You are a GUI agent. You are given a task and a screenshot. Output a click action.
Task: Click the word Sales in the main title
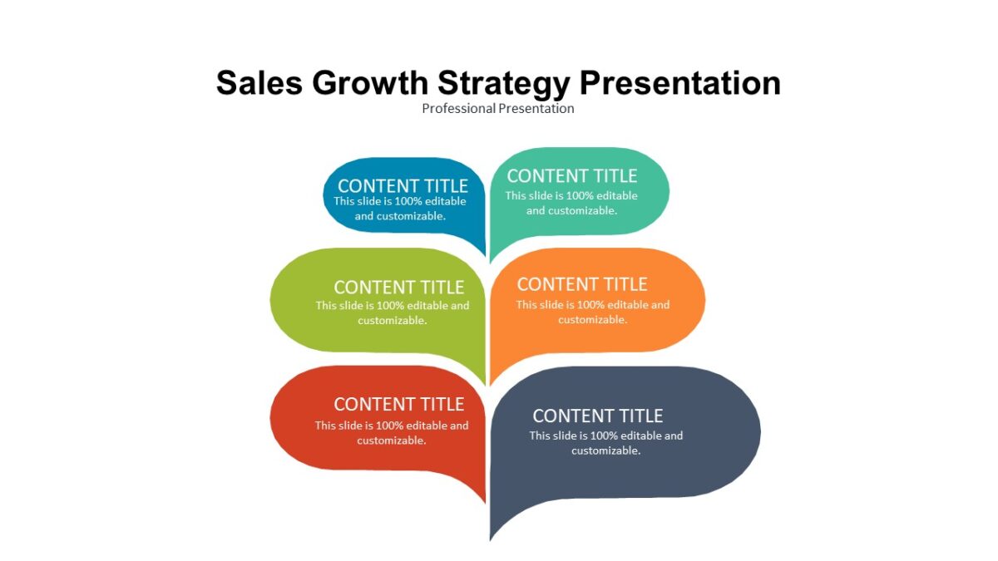tap(258, 83)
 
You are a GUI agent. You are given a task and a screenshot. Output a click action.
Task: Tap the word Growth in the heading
tap(368, 83)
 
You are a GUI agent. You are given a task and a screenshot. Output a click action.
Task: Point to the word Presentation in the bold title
tap(680, 83)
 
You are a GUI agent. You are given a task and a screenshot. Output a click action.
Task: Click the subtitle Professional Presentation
tap(498, 108)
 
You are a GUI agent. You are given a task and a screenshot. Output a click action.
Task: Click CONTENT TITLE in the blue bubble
tap(403, 186)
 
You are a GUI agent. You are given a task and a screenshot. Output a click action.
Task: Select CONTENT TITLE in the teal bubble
tap(572, 176)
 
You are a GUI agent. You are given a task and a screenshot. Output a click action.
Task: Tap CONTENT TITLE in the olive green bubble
tap(399, 288)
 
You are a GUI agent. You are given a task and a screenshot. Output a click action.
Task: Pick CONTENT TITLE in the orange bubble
tap(582, 284)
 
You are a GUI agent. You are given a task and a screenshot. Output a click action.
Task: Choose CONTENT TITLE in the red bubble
tap(399, 405)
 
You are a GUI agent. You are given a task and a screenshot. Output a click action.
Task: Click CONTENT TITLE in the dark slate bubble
tap(598, 416)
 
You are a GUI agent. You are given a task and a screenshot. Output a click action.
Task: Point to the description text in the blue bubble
tap(400, 209)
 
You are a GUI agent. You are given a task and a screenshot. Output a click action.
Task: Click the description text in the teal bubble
tap(571, 204)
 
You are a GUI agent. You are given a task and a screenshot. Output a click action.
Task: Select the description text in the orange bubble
tap(592, 312)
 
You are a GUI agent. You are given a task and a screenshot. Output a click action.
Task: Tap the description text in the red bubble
tap(392, 433)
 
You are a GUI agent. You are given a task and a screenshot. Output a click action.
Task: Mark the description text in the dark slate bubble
tap(606, 443)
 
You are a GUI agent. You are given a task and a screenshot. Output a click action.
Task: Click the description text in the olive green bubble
tap(393, 312)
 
